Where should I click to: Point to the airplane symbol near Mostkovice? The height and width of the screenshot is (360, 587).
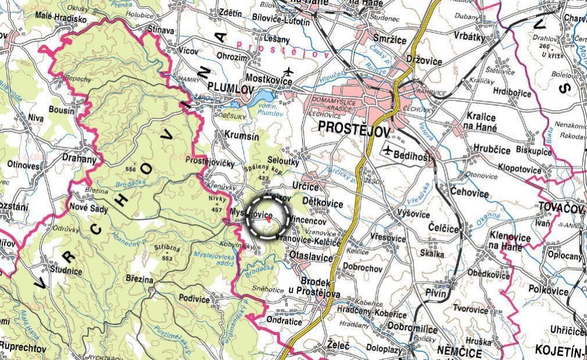coord(288,73)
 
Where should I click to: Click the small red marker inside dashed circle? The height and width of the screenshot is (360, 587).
coord(268,220)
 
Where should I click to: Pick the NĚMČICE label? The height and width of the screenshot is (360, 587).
coord(459,352)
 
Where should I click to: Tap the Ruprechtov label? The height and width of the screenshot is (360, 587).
coord(23,347)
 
